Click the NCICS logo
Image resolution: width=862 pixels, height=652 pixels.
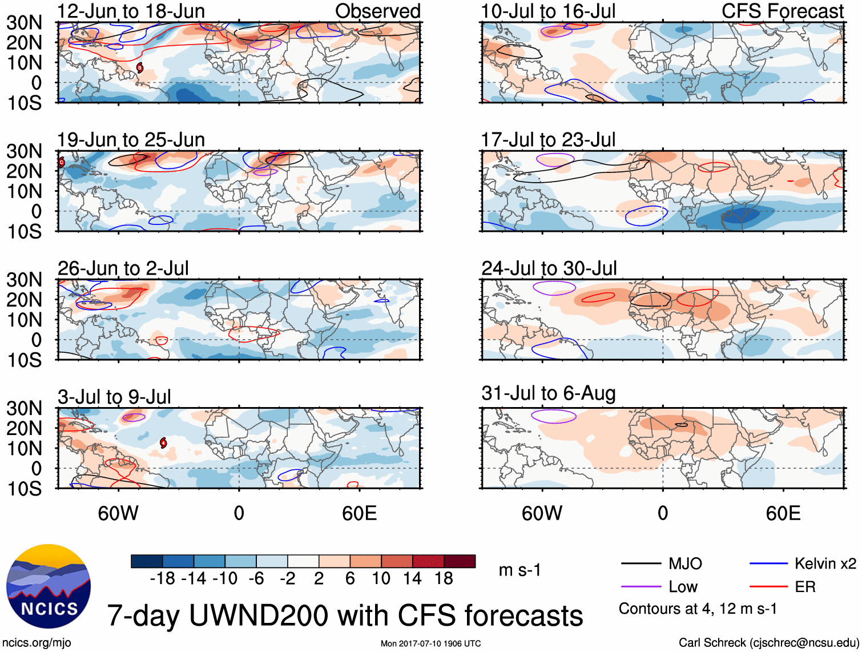pyautogui.click(x=48, y=586)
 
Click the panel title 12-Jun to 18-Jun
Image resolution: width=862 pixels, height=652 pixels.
pyautogui.click(x=131, y=11)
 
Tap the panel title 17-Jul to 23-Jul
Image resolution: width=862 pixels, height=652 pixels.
pyautogui.click(x=548, y=140)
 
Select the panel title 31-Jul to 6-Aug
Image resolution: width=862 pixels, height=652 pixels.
pyautogui.click(x=548, y=393)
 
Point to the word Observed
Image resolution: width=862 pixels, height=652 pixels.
pyautogui.click(x=377, y=11)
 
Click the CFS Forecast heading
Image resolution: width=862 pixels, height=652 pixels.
pyautogui.click(x=782, y=11)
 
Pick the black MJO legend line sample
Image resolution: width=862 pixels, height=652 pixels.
pyautogui.click(x=641, y=564)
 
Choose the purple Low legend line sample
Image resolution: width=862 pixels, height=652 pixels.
pyautogui.click(x=641, y=587)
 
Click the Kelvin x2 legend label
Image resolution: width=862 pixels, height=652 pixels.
pyautogui.click(x=825, y=564)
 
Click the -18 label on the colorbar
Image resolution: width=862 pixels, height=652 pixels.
pyautogui.click(x=162, y=579)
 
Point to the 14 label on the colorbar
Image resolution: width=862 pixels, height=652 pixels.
pyautogui.click(x=412, y=579)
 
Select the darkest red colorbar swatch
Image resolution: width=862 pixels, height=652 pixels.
pyautogui.click(x=460, y=561)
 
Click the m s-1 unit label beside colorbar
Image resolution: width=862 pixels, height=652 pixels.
pyautogui.click(x=519, y=570)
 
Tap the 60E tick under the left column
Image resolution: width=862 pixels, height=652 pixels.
pyautogui.click(x=359, y=513)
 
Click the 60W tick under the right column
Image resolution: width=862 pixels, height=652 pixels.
pyautogui.click(x=542, y=513)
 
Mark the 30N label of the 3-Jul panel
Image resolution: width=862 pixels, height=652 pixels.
pyautogui.click(x=24, y=408)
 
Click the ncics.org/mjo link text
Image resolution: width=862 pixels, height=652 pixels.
pyautogui.click(x=37, y=642)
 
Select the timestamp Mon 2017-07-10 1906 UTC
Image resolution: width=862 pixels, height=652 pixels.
pyautogui.click(x=430, y=643)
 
